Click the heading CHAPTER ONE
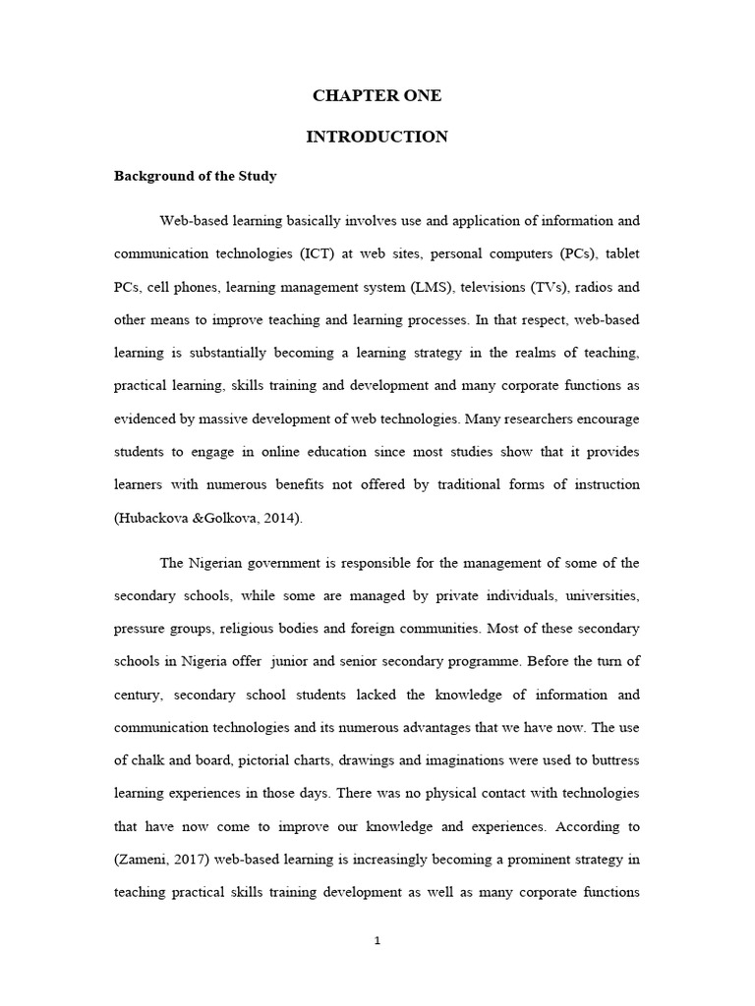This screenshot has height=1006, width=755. (377, 96)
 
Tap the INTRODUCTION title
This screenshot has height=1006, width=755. (377, 138)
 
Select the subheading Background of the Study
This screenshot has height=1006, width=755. (196, 177)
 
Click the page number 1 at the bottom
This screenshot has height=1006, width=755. (377, 940)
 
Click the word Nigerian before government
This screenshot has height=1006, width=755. (223, 564)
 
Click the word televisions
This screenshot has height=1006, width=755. (470, 288)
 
